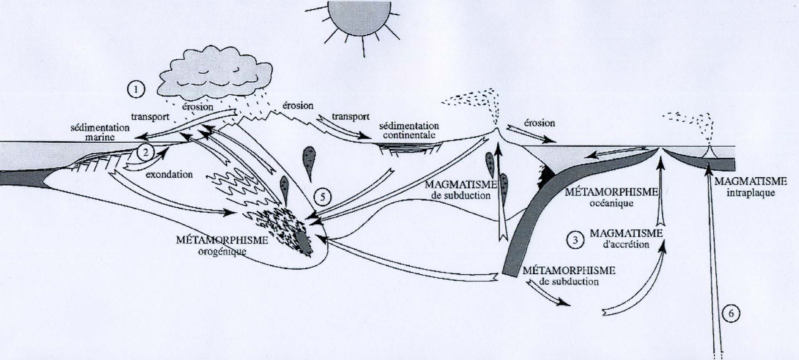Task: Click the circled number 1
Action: pyautogui.click(x=136, y=89)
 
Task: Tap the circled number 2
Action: pyautogui.click(x=145, y=153)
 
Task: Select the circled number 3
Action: pyautogui.click(x=575, y=240)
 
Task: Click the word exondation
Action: pyautogui.click(x=169, y=174)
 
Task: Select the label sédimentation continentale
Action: pyautogui.click(x=409, y=130)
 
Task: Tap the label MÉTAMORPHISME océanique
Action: pyautogui.click(x=611, y=197)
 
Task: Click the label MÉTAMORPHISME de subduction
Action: pyautogui.click(x=568, y=276)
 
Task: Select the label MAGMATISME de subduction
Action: pyautogui.click(x=461, y=190)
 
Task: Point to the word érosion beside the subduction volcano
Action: pyautogui.click(x=539, y=123)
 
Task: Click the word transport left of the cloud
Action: pyautogui.click(x=150, y=117)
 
